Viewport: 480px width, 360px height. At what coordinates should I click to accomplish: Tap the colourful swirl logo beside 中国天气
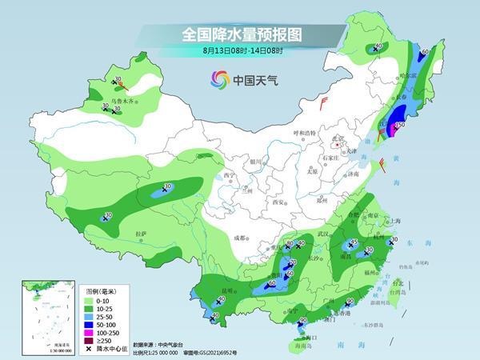[x=219, y=79]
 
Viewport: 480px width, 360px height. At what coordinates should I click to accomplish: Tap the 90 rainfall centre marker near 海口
[x=302, y=321]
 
